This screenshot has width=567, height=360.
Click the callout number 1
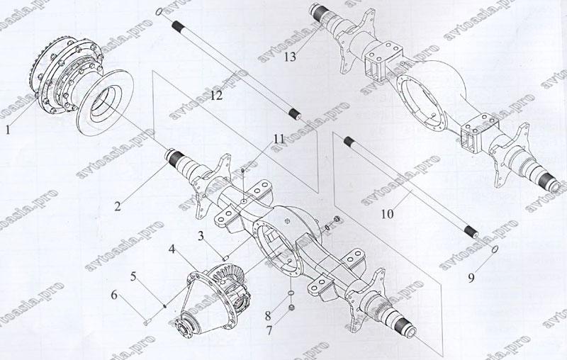pyautogui.click(x=8, y=130)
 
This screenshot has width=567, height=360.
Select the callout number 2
pyautogui.click(x=118, y=206)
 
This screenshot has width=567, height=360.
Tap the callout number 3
pyautogui.click(x=201, y=237)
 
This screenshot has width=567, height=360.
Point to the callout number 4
pyautogui.click(x=172, y=249)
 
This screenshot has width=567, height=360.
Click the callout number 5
pyautogui.click(x=133, y=277)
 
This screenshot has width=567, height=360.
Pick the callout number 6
pyautogui.click(x=114, y=295)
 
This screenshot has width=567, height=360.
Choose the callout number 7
pyautogui.click(x=269, y=330)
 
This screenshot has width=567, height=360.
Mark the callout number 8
pyautogui.click(x=268, y=315)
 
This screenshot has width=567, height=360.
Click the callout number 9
pyautogui.click(x=471, y=278)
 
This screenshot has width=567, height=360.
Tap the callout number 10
pyautogui.click(x=387, y=214)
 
